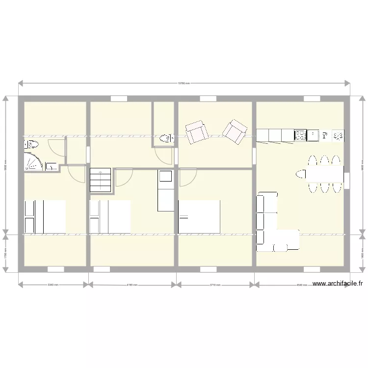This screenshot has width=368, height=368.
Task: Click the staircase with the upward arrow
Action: tap(101, 180)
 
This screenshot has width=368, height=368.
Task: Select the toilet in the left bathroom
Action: tap(32, 144)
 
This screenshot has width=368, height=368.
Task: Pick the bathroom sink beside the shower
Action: tap(52, 167)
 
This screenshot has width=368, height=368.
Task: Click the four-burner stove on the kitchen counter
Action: tap(300, 135)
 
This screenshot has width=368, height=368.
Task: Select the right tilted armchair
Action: tap(234, 131)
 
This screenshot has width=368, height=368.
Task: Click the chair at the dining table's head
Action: tap(300, 173)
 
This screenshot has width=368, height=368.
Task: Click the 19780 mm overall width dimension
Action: tap(184, 83)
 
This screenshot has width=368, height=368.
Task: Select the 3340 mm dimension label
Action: tap(53, 285)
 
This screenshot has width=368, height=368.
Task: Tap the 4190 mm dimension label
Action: tap(131, 285)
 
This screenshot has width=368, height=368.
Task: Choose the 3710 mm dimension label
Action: tap(215, 285)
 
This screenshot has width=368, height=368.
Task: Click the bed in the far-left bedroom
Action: tap(45, 216)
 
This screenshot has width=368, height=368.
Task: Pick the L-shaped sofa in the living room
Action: tap(272, 226)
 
